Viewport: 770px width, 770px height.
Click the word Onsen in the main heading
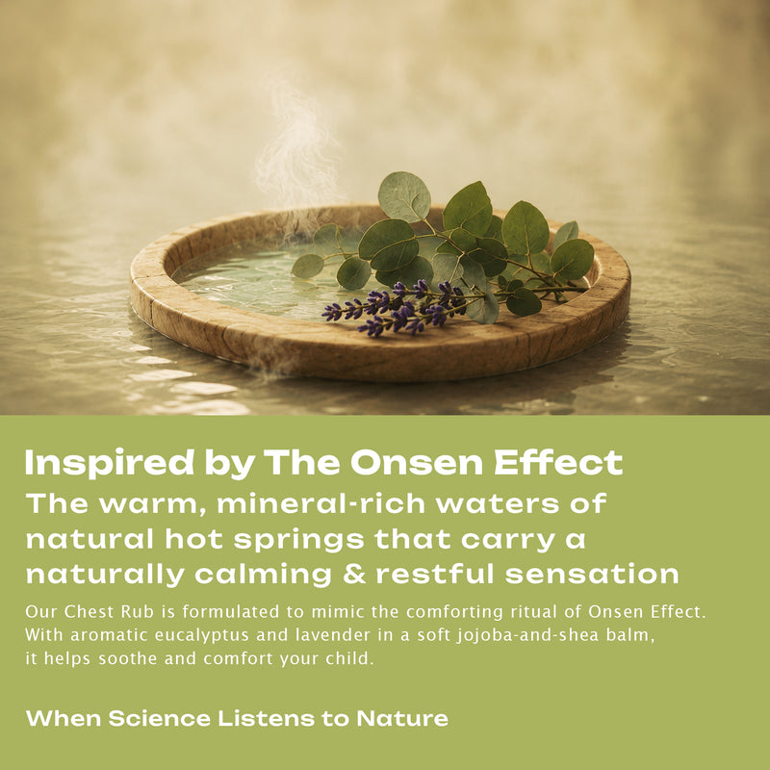point(417,463)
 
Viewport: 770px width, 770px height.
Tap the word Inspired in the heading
point(110,464)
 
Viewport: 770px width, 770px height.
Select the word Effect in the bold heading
point(559,462)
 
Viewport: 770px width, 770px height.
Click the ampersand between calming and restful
point(354,574)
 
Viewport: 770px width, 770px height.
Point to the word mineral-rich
point(321,503)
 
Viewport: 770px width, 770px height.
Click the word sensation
point(592,574)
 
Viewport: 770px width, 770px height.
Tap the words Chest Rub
point(109,612)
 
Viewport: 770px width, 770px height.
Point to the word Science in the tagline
point(160,718)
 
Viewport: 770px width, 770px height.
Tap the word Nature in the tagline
point(402,718)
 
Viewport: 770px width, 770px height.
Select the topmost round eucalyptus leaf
point(404,196)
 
